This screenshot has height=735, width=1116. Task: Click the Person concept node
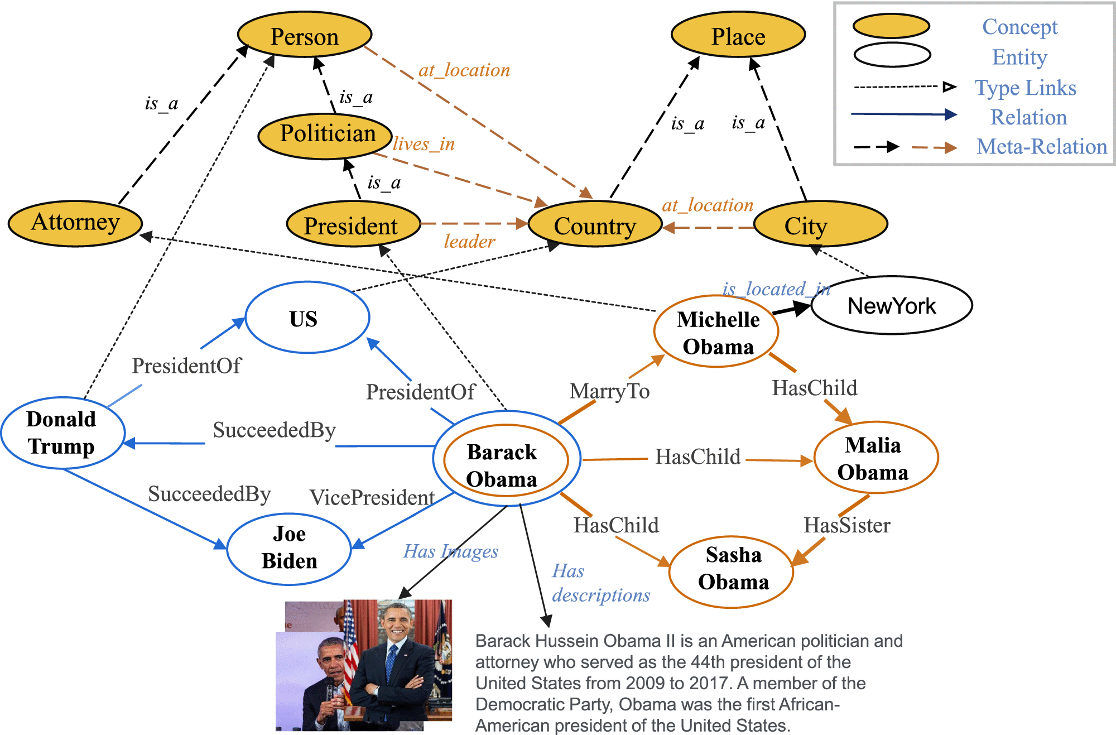point(305,35)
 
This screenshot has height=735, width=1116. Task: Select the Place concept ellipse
point(738,35)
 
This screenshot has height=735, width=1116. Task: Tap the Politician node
point(326,136)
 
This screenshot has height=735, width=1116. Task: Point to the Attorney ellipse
point(75,223)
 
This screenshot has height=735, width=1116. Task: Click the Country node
point(595,225)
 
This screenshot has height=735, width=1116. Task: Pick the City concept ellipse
point(820,224)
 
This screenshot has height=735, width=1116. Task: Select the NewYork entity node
point(892,305)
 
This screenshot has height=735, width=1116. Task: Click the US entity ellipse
point(307,318)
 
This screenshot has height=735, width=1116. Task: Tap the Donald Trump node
point(62,433)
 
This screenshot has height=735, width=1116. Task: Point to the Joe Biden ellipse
point(289,549)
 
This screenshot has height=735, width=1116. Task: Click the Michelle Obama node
point(716,332)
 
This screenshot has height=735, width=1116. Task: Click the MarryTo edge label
point(609,391)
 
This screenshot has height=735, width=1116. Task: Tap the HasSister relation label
point(846,525)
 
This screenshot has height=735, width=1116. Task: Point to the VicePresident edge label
point(372,497)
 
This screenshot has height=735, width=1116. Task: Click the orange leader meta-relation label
point(469,241)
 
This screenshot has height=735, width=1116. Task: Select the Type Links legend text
point(1025,88)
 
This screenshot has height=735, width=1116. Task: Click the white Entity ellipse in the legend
point(892,55)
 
